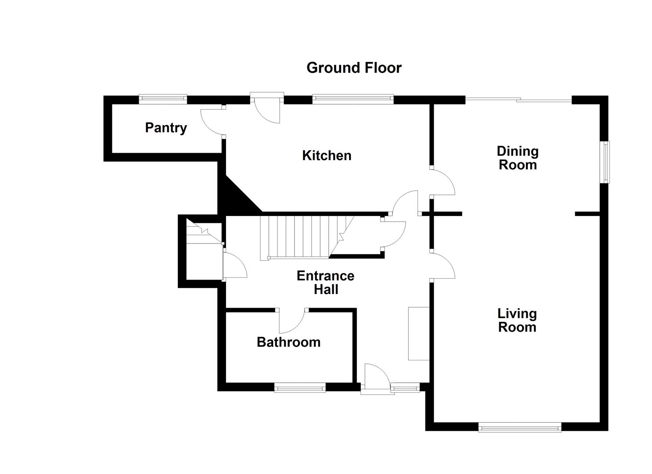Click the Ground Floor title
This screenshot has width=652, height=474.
click(353, 68)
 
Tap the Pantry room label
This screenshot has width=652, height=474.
click(166, 128)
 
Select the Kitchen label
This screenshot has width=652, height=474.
click(327, 155)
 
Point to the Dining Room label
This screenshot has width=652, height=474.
click(517, 158)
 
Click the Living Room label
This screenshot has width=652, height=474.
click(517, 320)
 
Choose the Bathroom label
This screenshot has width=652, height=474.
click(288, 342)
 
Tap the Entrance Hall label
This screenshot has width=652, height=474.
click(325, 283)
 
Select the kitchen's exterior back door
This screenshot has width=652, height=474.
click(267, 110)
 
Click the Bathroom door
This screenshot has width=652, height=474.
click(292, 322)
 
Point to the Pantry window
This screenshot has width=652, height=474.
click(163, 99)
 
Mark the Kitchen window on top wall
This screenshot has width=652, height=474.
click(353, 99)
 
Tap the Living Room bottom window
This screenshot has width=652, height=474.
click(519, 427)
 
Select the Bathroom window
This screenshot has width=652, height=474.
click(300, 387)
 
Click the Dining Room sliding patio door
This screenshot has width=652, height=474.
click(518, 100)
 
